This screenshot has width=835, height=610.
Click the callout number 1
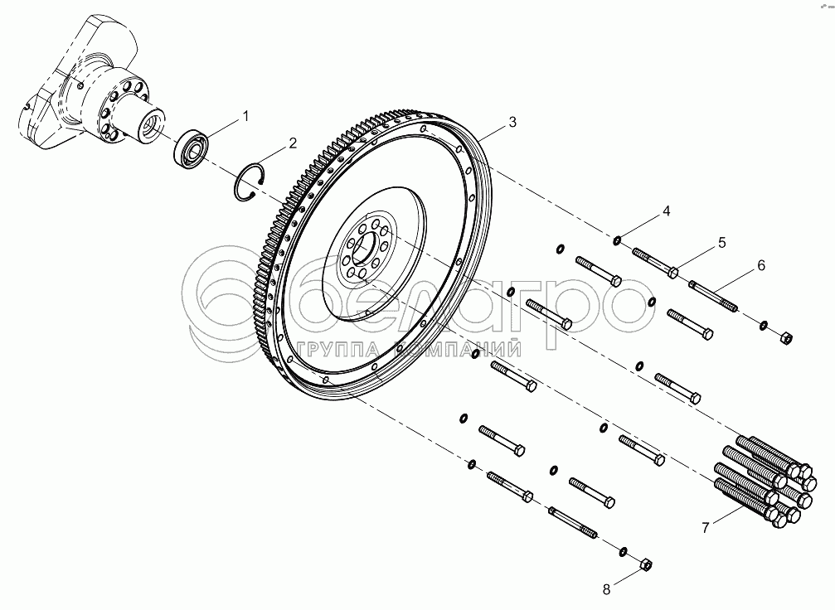pyautogui.click(x=245, y=117)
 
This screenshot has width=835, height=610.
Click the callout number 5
pyautogui.click(x=721, y=242)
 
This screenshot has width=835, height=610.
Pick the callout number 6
pyautogui.click(x=760, y=265)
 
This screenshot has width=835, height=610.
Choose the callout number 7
pyautogui.click(x=706, y=527)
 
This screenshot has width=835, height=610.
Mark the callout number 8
pyautogui.click(x=605, y=589)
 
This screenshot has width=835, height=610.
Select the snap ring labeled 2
pyautogui.click(x=250, y=180)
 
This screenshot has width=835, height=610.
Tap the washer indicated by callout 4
pyautogui.click(x=618, y=241)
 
